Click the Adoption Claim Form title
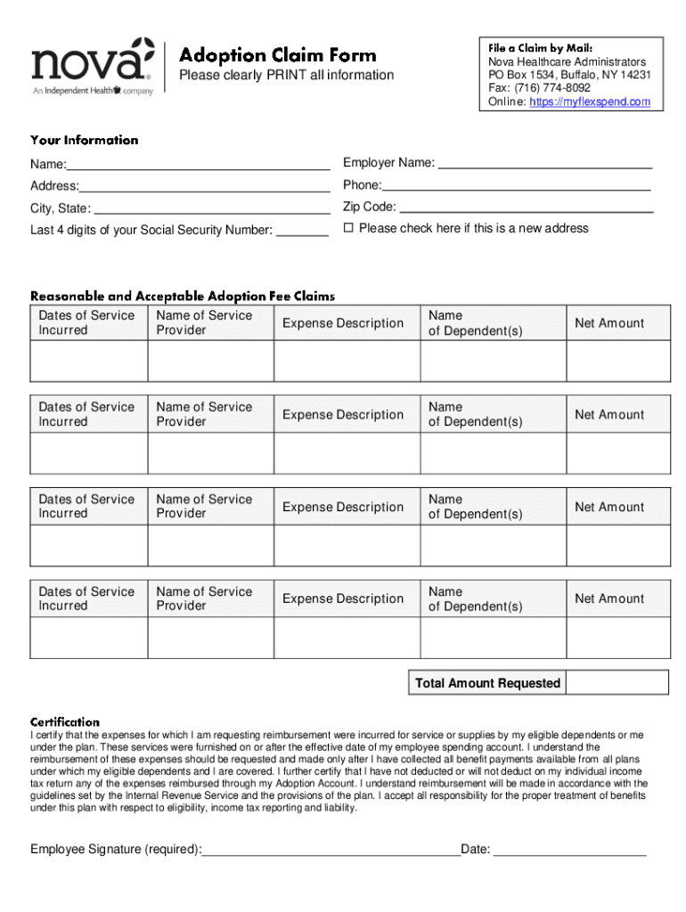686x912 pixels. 278,54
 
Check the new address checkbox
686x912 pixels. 349,229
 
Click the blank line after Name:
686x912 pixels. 198,166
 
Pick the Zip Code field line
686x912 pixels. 526,208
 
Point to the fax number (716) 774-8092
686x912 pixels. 552,88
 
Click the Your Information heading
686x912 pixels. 85,140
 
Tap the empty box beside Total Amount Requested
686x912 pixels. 617,683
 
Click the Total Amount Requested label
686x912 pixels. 487,683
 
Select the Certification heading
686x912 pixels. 65,721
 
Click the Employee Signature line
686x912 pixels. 331,851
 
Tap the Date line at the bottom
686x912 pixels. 569,851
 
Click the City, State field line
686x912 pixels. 211,210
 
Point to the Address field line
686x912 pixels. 204,188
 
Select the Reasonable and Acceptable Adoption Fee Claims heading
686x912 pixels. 183,296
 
